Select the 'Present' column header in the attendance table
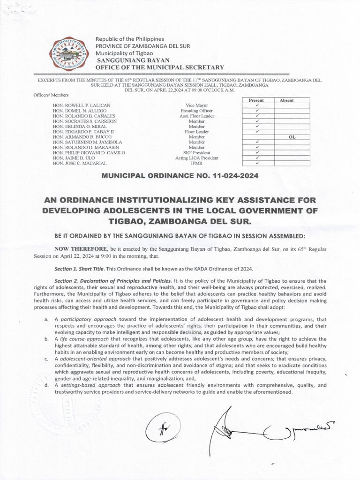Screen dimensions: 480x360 tap(256, 100)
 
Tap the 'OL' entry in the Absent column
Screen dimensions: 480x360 tap(292, 137)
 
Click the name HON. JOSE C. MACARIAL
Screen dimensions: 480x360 tap(80, 163)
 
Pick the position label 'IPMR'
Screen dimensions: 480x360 tap(197, 164)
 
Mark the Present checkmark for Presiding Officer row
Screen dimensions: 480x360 tap(257, 111)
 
